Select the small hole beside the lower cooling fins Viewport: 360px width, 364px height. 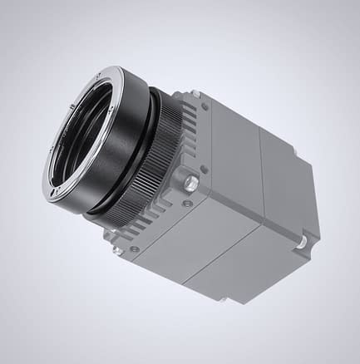pyautogui.click(x=134, y=248)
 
